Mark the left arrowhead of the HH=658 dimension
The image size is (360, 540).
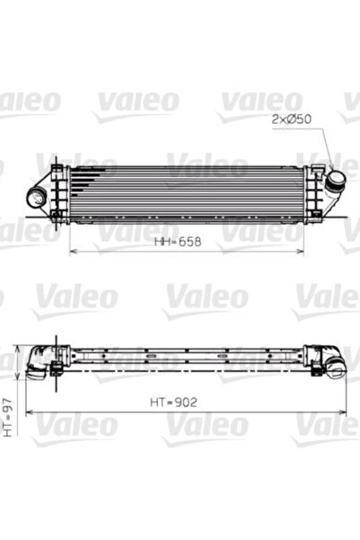click(73, 252)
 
